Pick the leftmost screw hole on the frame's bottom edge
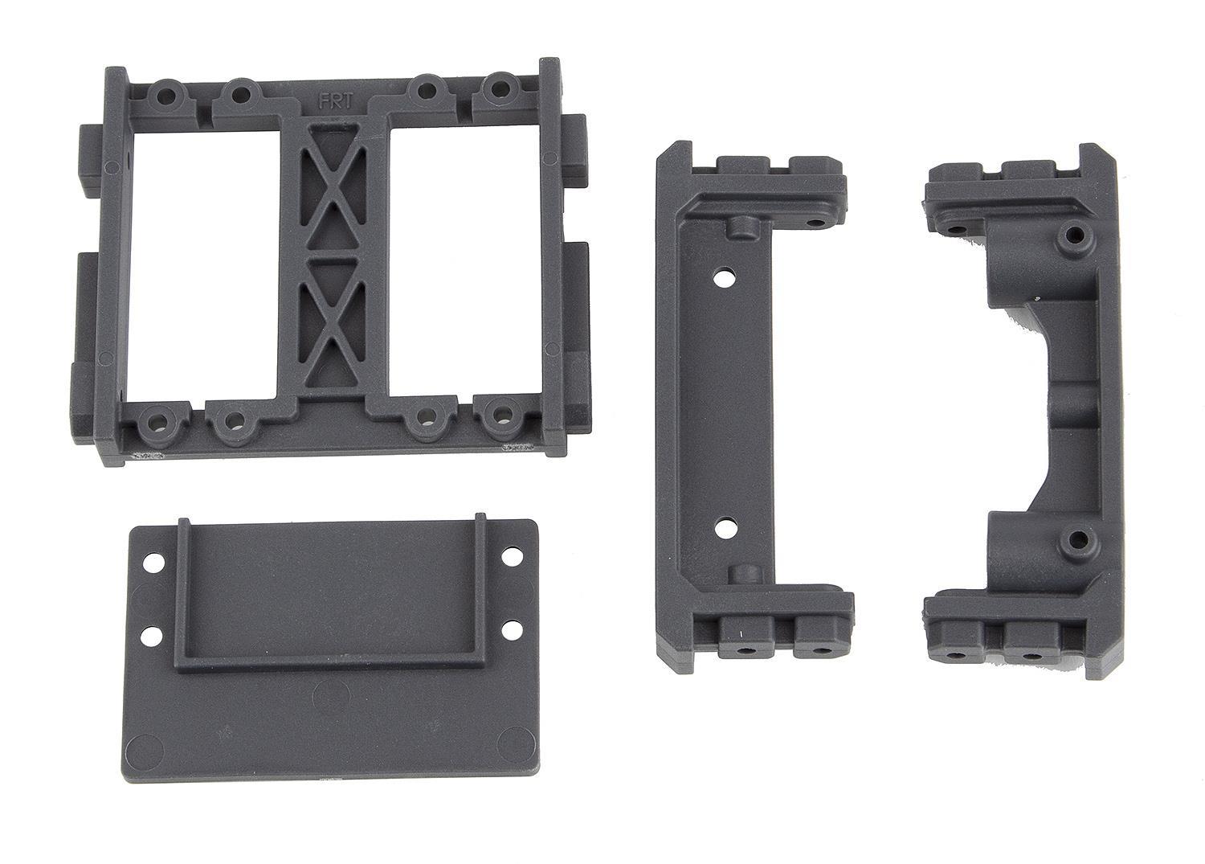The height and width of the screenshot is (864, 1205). coord(153,420)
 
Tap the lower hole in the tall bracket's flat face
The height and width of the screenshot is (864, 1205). coord(725,528)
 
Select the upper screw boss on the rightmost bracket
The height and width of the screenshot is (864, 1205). coord(1073,236)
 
